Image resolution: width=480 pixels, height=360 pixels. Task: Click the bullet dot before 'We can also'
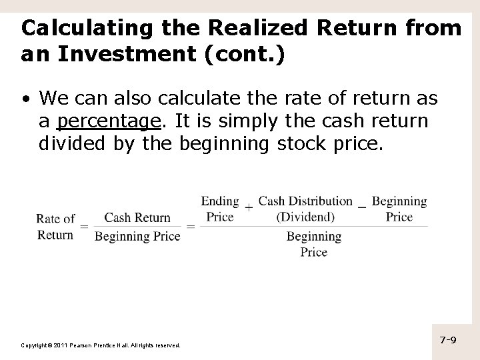(x=25, y=100)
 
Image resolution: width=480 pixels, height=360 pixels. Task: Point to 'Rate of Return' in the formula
(x=55, y=226)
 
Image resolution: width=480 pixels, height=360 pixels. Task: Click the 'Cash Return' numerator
(x=137, y=217)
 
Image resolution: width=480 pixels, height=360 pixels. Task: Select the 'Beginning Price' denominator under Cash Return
(x=137, y=236)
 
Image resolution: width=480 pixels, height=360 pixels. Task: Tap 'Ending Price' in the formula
(x=220, y=208)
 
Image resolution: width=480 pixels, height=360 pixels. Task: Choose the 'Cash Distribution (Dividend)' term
(x=305, y=208)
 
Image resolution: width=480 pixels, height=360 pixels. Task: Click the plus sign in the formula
(x=249, y=207)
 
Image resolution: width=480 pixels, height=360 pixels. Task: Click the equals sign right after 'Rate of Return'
(x=85, y=227)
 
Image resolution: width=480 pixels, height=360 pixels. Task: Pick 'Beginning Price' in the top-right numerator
(x=399, y=208)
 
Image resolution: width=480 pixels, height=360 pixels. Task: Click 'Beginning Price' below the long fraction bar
(x=313, y=243)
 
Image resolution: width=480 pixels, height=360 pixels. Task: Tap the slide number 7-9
(x=448, y=340)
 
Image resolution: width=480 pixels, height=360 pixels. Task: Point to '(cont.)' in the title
(x=247, y=55)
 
